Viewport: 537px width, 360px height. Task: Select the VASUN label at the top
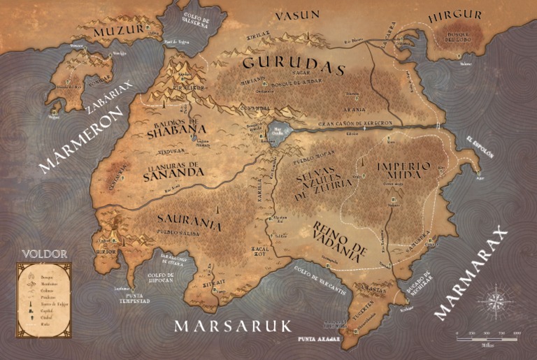[x=296, y=15]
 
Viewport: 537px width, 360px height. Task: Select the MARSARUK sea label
[x=233, y=326]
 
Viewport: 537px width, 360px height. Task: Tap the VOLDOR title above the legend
[x=44, y=254]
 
